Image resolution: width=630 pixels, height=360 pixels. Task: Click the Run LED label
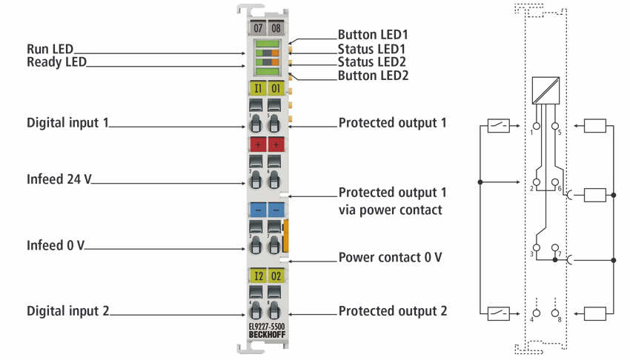[x=50, y=49]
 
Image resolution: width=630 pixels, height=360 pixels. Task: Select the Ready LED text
[x=56, y=62]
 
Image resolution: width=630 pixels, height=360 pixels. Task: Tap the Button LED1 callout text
[x=373, y=35]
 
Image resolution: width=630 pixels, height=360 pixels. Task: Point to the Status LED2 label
[x=371, y=61]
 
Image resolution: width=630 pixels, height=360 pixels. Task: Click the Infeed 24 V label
[x=59, y=179]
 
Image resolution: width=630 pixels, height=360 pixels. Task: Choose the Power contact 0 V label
[x=390, y=257]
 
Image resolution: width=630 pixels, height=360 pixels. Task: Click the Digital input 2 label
[x=68, y=311]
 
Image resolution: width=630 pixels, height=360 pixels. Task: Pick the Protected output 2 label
[x=393, y=311]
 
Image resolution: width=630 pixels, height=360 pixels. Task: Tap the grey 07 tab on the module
[x=257, y=28]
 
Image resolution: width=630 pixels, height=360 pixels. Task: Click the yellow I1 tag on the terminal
[x=258, y=88]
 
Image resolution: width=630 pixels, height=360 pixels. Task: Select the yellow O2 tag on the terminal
[x=276, y=276]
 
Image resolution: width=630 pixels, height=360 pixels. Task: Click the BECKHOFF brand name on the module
[x=267, y=335]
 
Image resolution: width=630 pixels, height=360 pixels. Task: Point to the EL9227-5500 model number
[x=267, y=327]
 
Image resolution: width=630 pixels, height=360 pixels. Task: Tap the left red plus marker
[x=258, y=144]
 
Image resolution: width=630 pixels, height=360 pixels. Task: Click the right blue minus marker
[x=276, y=210]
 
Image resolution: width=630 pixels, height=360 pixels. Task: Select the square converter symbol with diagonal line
[x=546, y=90]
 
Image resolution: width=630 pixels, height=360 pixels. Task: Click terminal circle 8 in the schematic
[x=555, y=313]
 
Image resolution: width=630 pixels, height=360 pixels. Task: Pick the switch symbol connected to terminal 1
[x=498, y=126]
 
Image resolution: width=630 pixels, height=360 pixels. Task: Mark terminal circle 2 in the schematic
[x=536, y=182]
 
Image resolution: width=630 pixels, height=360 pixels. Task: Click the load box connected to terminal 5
[x=595, y=126]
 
